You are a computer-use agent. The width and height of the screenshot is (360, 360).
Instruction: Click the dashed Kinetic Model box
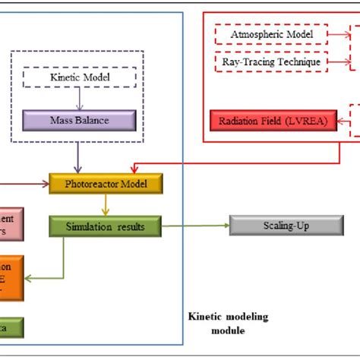[80, 78]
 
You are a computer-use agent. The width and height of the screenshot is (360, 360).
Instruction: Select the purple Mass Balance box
[80, 120]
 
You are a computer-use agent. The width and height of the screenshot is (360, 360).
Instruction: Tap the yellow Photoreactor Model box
[107, 184]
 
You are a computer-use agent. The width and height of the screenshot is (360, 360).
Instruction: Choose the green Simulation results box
[106, 226]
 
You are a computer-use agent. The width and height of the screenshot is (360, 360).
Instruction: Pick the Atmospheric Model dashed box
[270, 34]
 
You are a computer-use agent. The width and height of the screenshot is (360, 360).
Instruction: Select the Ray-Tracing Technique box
[270, 61]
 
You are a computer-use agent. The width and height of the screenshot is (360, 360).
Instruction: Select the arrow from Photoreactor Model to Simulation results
[107, 205]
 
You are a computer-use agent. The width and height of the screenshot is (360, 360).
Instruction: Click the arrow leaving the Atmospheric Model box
[338, 34]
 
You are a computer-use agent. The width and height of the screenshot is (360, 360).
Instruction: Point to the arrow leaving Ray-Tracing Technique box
[338, 61]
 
